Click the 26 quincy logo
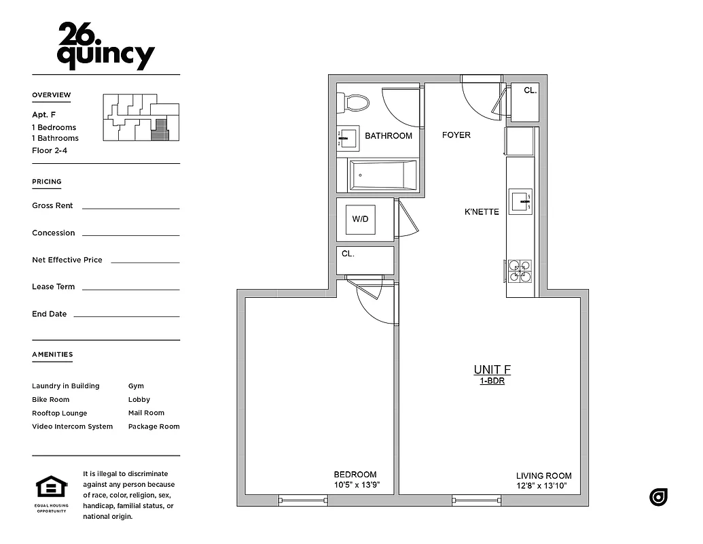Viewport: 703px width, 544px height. (x=105, y=46)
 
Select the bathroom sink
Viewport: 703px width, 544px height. (x=349, y=137)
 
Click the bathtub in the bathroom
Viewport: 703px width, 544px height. (x=382, y=175)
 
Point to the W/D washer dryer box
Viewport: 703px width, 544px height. (x=360, y=219)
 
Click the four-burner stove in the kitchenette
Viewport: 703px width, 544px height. (x=520, y=271)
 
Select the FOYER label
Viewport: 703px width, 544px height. (x=456, y=135)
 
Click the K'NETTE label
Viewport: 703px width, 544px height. (x=482, y=211)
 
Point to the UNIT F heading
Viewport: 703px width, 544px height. (x=492, y=370)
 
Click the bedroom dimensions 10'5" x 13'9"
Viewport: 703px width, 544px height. (x=355, y=486)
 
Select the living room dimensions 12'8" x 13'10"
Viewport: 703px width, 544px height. (x=543, y=486)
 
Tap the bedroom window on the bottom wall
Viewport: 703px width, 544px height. (x=303, y=500)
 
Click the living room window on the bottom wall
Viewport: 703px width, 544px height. (x=477, y=500)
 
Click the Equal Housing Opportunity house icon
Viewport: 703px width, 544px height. (x=52, y=488)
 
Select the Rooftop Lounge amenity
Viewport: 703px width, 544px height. (x=60, y=413)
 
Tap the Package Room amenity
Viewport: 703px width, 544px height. (x=154, y=426)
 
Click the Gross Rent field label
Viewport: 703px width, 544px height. (x=52, y=205)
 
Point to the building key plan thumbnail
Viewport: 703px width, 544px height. (x=141, y=118)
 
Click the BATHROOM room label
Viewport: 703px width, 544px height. (x=389, y=136)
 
